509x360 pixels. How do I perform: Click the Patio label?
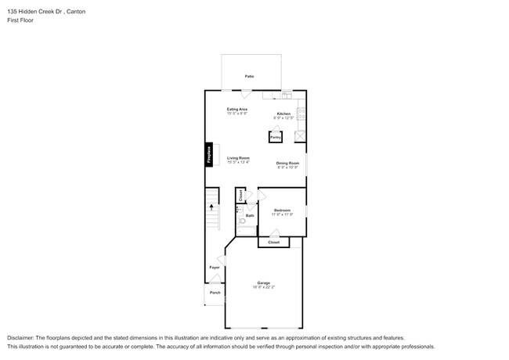click(x=249, y=77)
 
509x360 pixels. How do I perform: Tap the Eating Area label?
click(x=237, y=109)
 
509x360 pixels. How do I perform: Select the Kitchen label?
click(x=283, y=114)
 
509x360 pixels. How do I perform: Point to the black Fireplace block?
click(x=209, y=155)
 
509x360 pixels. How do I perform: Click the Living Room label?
click(x=238, y=158)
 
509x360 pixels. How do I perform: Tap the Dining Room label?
click(x=287, y=163)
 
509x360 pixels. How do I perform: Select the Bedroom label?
click(x=282, y=210)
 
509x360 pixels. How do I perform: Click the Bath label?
click(x=250, y=215)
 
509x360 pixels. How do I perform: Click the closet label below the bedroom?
click(x=273, y=243)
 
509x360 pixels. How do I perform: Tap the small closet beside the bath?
click(x=240, y=196)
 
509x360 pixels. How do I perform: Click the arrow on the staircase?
click(x=211, y=208)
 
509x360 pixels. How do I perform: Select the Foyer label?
click(x=215, y=268)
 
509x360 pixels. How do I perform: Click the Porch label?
click(x=215, y=293)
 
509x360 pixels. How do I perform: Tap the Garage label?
click(x=263, y=283)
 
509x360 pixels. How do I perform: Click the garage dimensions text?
click(x=263, y=288)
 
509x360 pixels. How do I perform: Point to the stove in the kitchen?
click(x=301, y=114)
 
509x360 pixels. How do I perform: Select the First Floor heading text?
click(x=20, y=21)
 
